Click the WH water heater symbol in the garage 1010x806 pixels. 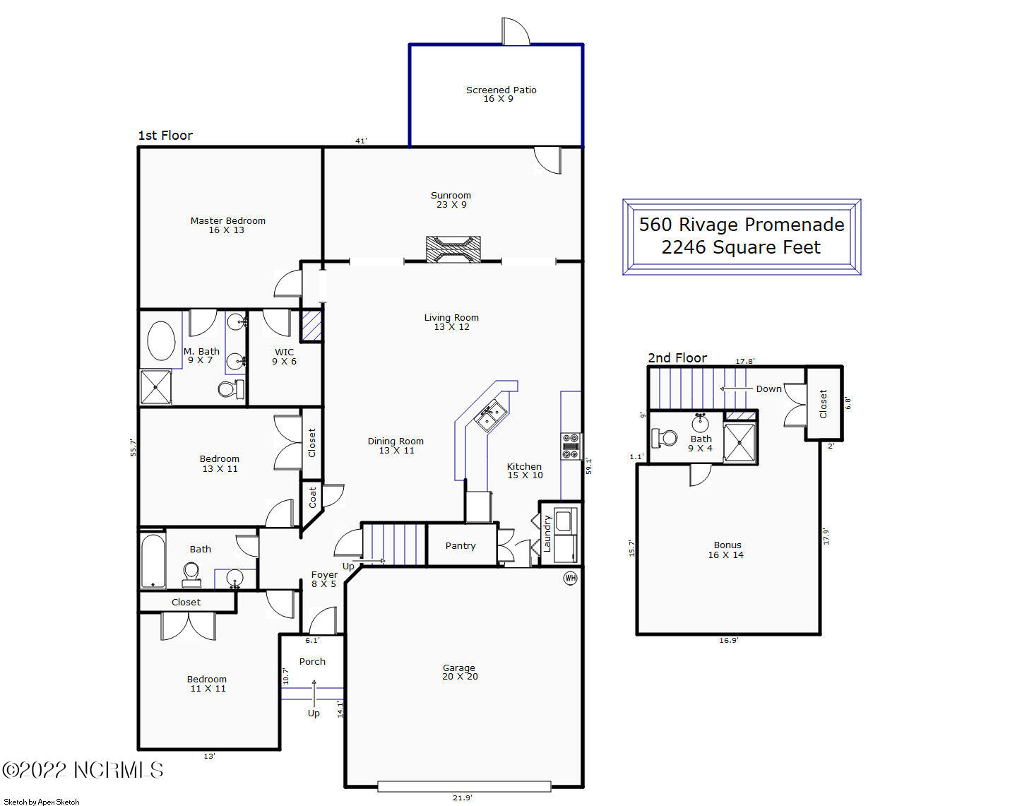[570, 578]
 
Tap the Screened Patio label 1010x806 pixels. [501, 90]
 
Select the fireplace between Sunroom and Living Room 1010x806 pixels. [453, 249]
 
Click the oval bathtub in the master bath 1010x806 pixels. [161, 340]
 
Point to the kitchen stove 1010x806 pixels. [571, 446]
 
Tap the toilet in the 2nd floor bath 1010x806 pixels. [665, 438]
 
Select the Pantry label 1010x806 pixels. [461, 545]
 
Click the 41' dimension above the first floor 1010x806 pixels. [361, 141]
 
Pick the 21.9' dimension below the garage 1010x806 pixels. [463, 798]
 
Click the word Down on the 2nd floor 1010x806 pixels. [768, 389]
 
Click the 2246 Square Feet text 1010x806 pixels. [741, 247]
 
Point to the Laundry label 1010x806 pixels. [547, 534]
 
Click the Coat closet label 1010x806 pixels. [313, 497]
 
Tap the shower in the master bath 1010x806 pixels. [156, 387]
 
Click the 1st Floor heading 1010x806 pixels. [165, 136]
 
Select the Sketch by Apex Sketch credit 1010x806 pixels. [41, 802]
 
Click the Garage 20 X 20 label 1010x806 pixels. [460, 672]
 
